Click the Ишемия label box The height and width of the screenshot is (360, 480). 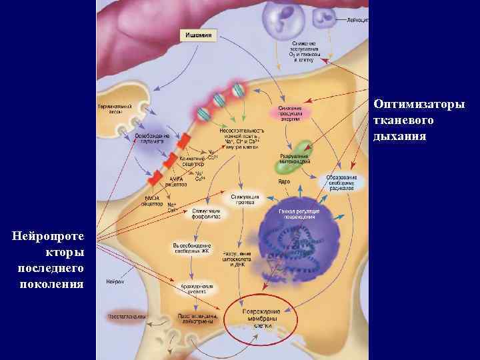pyautogui.click(x=199, y=35)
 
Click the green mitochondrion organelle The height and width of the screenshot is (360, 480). pyautogui.click(x=303, y=149)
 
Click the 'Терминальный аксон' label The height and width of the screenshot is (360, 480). pyautogui.click(x=115, y=108)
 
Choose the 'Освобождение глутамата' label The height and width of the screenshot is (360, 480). pyautogui.click(x=152, y=138)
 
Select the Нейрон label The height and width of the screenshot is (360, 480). pyautogui.click(x=114, y=282)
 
